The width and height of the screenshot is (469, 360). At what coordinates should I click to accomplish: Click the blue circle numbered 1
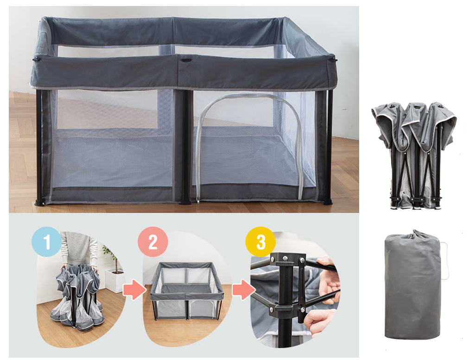click(x=46, y=241)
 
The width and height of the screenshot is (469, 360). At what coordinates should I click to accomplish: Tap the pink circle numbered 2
click(x=153, y=241)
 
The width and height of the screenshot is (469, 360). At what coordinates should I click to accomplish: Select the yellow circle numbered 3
click(x=260, y=242)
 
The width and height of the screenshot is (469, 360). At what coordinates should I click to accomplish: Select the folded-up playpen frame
click(x=414, y=155)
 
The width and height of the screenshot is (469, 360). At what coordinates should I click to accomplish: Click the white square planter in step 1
click(x=114, y=280)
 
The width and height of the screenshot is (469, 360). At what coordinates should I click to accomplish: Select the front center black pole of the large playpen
click(x=185, y=146)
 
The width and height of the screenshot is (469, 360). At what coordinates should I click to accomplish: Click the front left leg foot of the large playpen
click(x=39, y=202)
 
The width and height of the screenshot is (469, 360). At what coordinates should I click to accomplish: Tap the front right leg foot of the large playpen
click(x=328, y=202)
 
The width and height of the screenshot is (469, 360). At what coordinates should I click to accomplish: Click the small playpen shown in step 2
click(x=187, y=289)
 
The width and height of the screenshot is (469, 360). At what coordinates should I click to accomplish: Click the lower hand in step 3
click(x=320, y=320)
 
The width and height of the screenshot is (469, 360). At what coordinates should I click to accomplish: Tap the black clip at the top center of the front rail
click(x=185, y=59)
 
